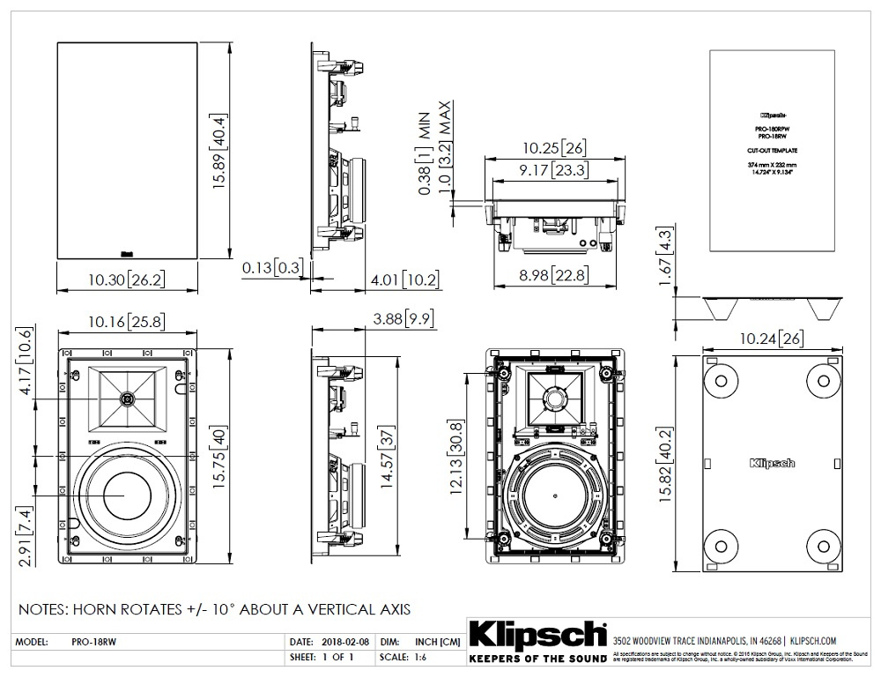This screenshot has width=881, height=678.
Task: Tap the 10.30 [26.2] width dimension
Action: click(123, 280)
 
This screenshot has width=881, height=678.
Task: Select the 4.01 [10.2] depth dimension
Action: click(404, 280)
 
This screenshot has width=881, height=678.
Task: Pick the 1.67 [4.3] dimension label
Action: click(666, 255)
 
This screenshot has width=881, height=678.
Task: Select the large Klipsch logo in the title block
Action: click(537, 635)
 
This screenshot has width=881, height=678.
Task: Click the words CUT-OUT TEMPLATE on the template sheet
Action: click(772, 153)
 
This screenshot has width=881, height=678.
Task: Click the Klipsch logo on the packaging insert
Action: click(772, 462)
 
